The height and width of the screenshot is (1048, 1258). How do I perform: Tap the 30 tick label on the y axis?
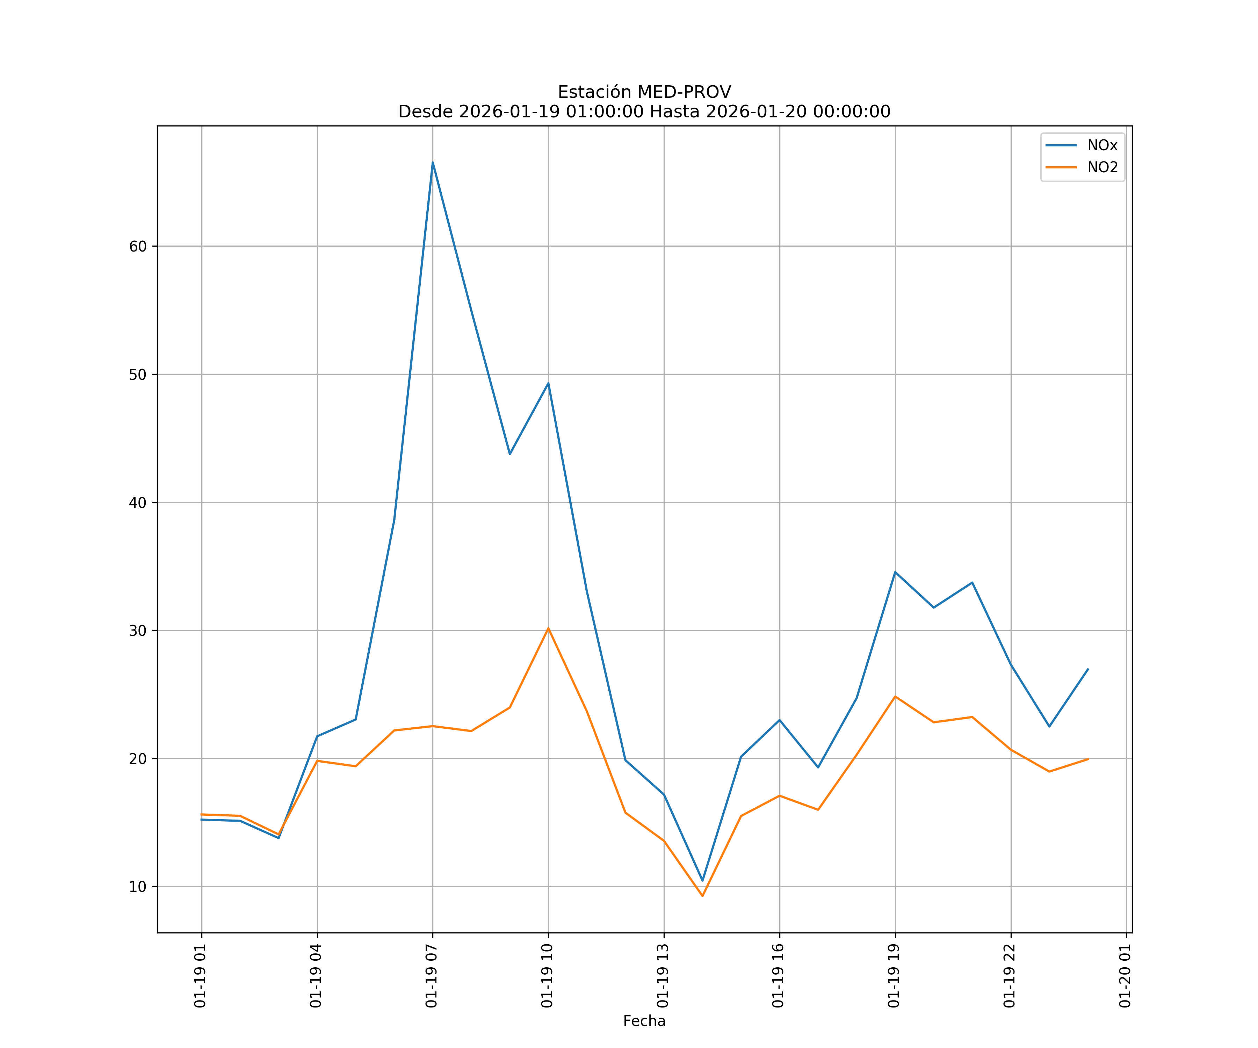pyautogui.click(x=138, y=631)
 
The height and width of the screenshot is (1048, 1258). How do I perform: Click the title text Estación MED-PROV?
pyautogui.click(x=644, y=92)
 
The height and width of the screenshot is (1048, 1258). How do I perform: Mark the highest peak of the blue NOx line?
pyautogui.click(x=433, y=162)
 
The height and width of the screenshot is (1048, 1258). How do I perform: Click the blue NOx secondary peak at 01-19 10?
pyautogui.click(x=548, y=383)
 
